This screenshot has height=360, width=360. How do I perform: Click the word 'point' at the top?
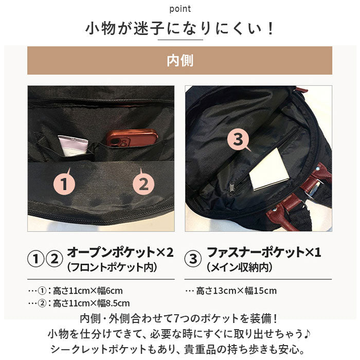(180, 9)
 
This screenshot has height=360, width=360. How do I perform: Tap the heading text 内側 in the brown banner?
(180, 61)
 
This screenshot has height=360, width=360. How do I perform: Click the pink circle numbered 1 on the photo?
(64, 184)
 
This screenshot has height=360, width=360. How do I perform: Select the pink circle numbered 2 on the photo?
(143, 184)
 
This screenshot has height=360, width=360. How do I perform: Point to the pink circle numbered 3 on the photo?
(238, 139)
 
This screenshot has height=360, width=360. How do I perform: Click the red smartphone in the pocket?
(132, 137)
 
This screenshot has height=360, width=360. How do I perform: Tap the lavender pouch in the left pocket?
(73, 146)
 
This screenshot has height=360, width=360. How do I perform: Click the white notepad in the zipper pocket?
(269, 169)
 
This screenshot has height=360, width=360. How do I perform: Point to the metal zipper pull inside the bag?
(232, 187)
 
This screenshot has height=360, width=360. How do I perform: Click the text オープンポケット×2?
(120, 252)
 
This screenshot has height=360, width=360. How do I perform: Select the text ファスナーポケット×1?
(263, 252)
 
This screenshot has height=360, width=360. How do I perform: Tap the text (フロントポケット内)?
(113, 267)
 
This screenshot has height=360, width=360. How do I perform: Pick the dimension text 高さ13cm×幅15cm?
(236, 291)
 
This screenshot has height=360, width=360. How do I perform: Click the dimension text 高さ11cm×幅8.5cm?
(91, 303)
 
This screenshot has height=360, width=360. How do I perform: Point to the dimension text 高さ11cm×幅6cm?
(88, 291)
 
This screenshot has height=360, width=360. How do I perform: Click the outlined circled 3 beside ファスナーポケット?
(193, 259)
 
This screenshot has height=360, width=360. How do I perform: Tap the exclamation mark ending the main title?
(271, 29)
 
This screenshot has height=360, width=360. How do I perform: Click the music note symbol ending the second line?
(307, 333)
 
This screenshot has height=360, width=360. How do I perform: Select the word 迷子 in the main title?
(149, 29)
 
